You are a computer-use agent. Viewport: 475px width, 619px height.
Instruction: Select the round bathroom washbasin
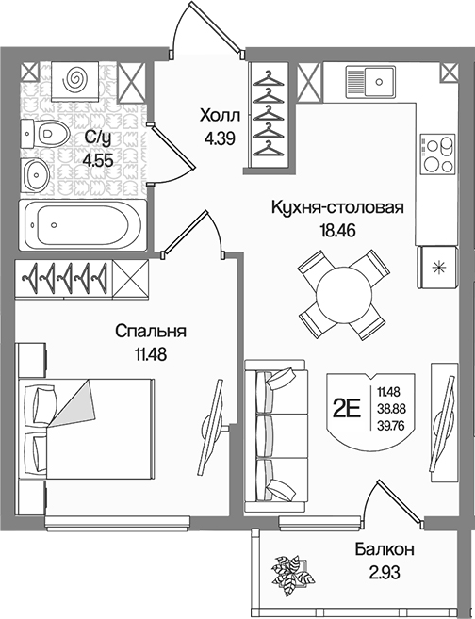[36, 174]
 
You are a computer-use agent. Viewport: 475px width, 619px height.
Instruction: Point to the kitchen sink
[370, 82]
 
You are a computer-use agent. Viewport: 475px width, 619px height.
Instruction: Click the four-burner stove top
[437, 153]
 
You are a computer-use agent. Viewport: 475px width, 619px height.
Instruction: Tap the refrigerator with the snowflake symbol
[438, 268]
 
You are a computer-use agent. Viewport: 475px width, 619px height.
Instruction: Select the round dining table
[344, 295]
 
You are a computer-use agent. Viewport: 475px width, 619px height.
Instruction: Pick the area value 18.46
[337, 230]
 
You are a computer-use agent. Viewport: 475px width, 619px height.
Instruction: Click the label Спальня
[151, 332]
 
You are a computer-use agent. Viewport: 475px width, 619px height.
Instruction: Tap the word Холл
[220, 117]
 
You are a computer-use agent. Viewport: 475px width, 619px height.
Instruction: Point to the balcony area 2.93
[385, 572]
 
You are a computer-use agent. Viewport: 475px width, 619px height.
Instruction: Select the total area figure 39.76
[388, 426]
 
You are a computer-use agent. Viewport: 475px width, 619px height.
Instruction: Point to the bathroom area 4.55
[98, 161]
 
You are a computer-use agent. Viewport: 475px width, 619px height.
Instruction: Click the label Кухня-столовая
[337, 207]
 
